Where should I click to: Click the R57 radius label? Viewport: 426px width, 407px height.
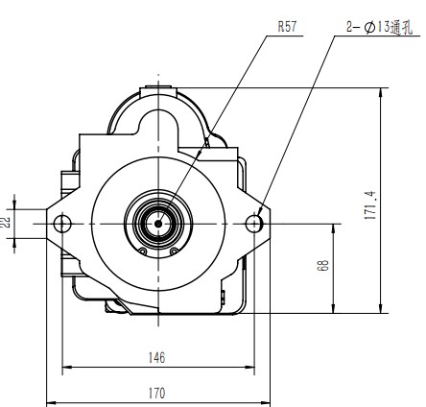pos(287,27)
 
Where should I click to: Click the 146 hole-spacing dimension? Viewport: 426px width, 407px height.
pos(157,358)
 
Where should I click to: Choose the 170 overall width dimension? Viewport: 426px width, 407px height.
pos(157,393)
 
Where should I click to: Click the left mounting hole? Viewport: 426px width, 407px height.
pos(63,224)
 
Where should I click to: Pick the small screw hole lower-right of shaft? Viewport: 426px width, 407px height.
pos(175,251)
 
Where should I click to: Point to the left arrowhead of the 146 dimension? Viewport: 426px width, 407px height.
pos(66,369)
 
